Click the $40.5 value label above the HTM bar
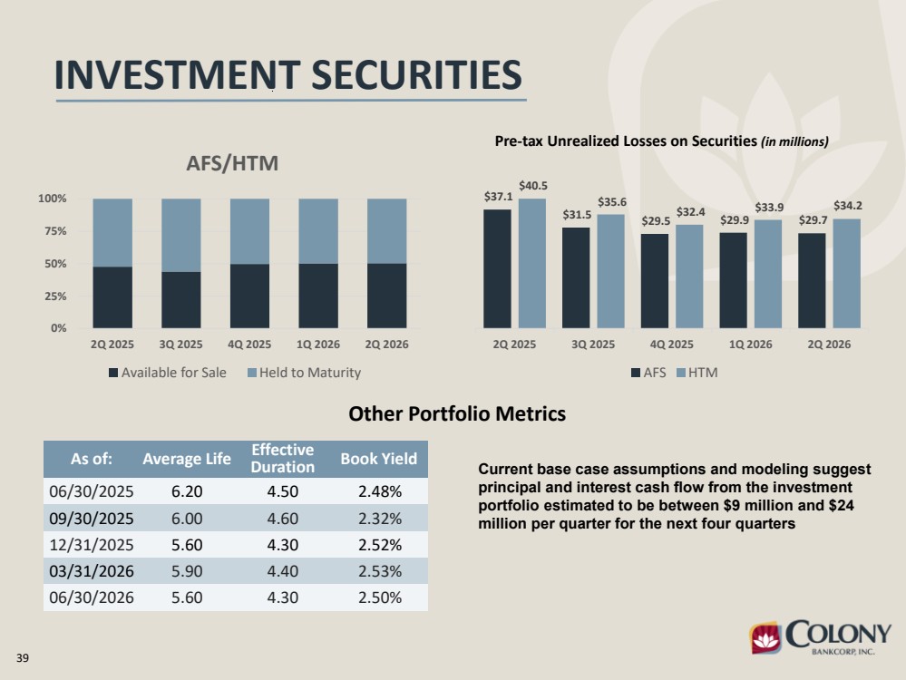click(532, 186)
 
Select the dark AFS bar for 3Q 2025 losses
click(576, 277)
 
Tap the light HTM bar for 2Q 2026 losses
click(846, 273)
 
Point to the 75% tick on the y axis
click(53, 231)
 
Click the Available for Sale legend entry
click(168, 373)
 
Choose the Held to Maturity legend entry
click(304, 373)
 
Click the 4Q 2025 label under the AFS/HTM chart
click(249, 345)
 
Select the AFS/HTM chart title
click(232, 163)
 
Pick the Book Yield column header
click(378, 459)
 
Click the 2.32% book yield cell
click(380, 519)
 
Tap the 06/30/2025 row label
click(92, 491)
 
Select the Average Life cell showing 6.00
click(187, 519)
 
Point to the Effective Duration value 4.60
click(283, 519)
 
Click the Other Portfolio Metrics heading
click(457, 413)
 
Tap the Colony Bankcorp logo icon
click(765, 637)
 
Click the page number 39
click(23, 658)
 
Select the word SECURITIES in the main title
click(416, 75)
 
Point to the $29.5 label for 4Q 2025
click(656, 221)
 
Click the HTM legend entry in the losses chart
click(697, 373)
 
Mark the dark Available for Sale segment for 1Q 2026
click(318, 296)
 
